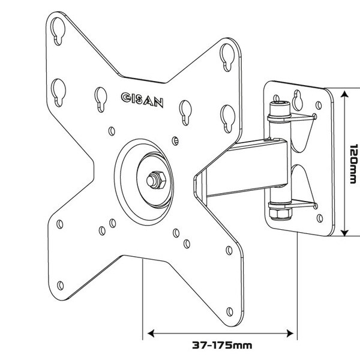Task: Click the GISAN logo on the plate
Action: coord(142,100)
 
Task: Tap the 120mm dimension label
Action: coord(353,164)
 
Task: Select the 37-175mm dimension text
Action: coord(222,345)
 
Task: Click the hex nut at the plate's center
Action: coord(157,180)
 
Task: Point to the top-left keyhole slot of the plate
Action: coord(58,31)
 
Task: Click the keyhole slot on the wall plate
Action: coord(298,100)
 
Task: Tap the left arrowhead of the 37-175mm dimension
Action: coord(151,334)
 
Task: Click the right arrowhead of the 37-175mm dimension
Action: coord(290,334)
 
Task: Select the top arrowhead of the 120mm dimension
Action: coord(344,94)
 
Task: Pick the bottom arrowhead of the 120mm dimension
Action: coord(344,233)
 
